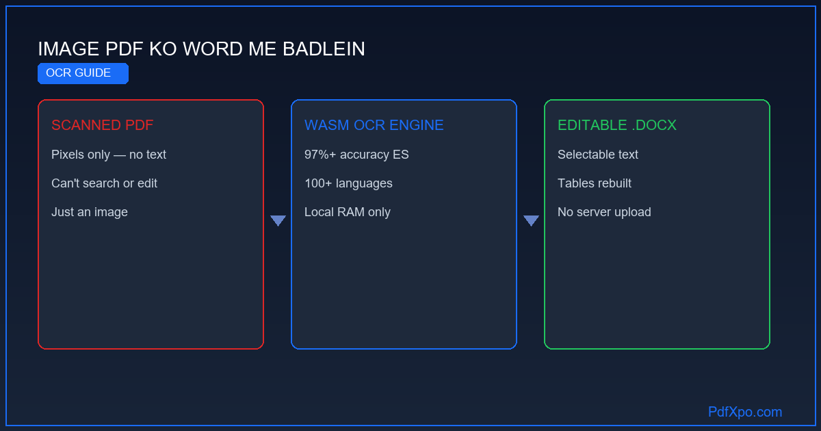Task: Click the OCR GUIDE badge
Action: (x=83, y=73)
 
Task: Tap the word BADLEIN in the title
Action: (x=324, y=49)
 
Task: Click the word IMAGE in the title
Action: (x=68, y=49)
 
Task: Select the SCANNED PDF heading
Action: (x=102, y=125)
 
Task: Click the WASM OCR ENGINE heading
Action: (x=374, y=125)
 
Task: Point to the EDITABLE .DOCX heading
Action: (x=617, y=125)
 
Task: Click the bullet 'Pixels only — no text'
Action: (x=109, y=155)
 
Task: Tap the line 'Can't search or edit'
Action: (x=104, y=183)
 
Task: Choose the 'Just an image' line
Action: (x=90, y=212)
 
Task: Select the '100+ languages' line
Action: (x=348, y=183)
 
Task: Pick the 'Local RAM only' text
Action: (x=348, y=212)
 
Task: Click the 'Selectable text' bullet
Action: (x=598, y=155)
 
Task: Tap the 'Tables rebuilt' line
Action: (x=595, y=183)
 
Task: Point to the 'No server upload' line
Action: (x=604, y=212)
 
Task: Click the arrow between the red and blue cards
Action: (x=278, y=220)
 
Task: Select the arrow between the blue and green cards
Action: (x=531, y=220)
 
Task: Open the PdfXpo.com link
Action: (x=745, y=412)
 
